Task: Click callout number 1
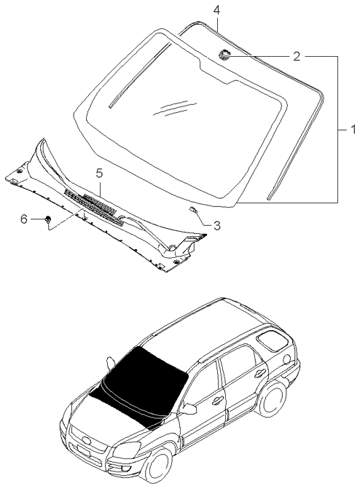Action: tap(352, 130)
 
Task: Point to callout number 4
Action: tap(216, 9)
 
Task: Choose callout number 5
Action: tap(99, 173)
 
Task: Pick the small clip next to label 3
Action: tap(192, 210)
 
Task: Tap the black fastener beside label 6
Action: tap(47, 218)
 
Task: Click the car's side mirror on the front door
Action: tap(190, 409)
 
